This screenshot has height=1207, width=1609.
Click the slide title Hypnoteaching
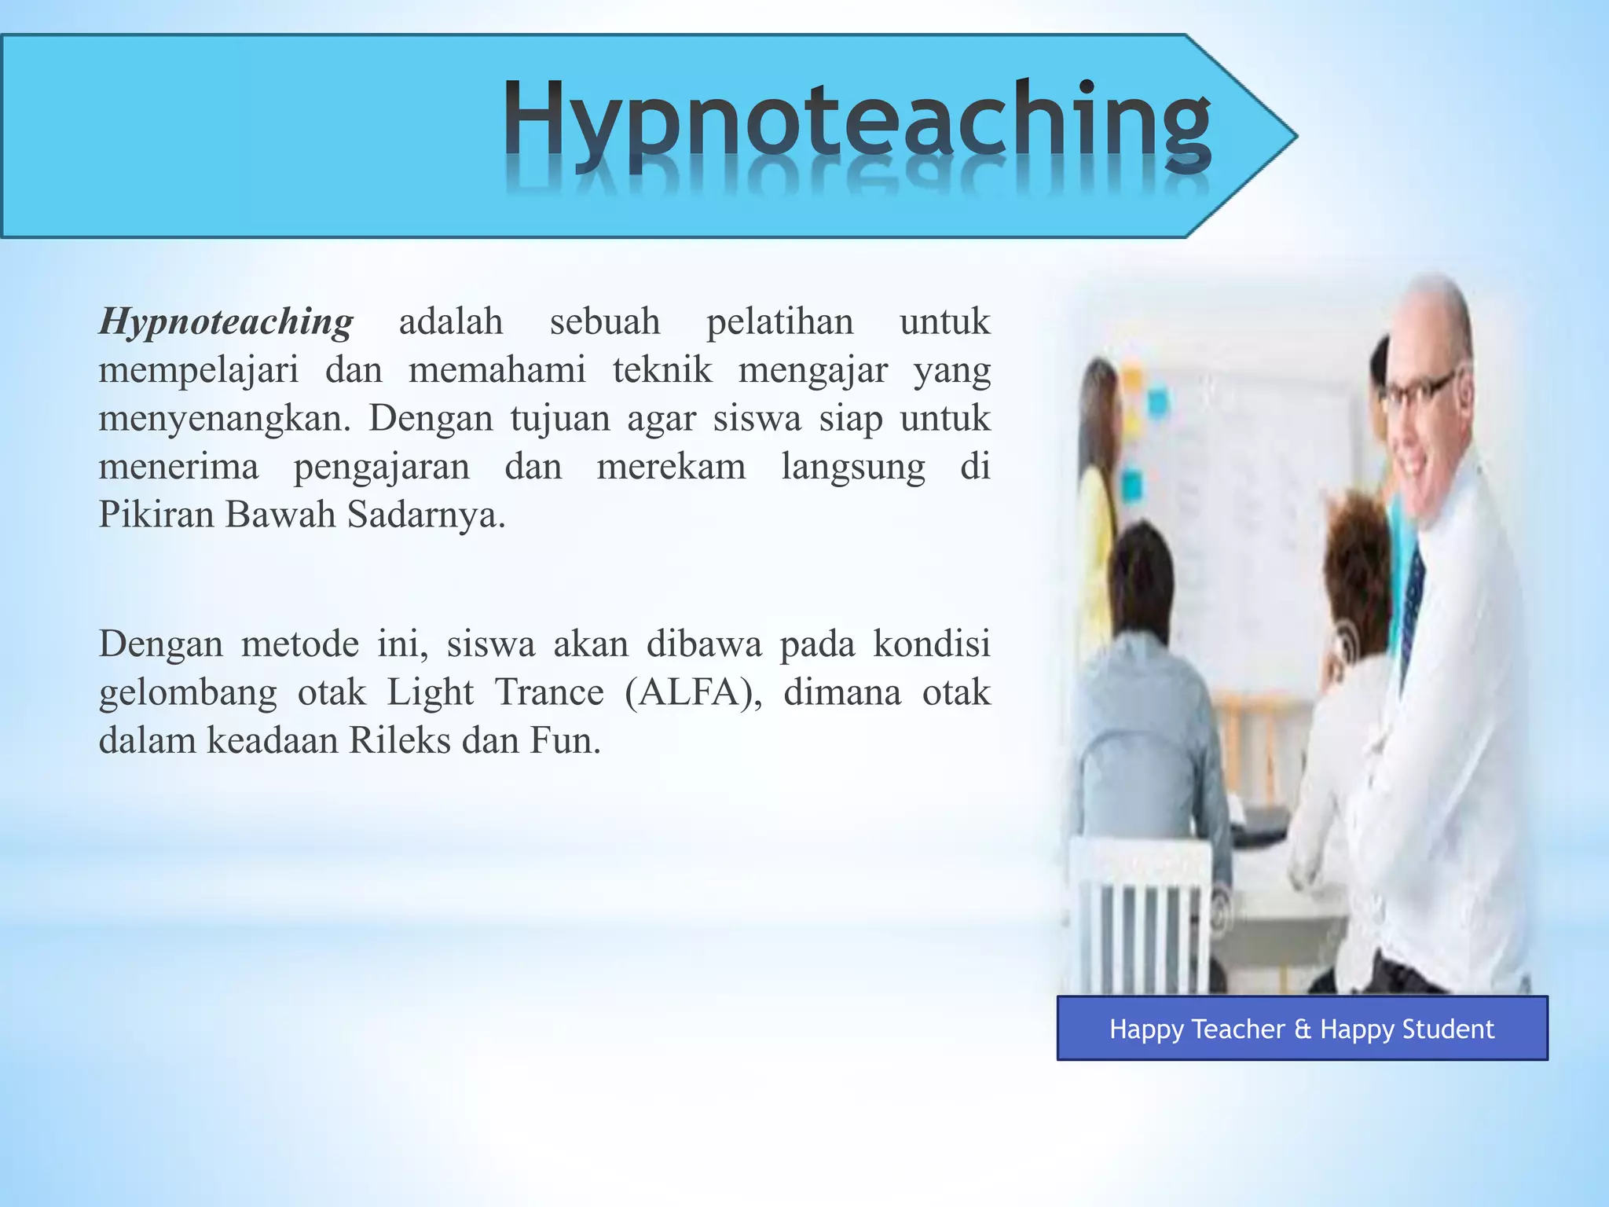tap(856, 126)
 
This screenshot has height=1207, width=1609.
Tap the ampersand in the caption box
tap(1303, 1029)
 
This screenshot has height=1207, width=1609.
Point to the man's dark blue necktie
tap(1412, 605)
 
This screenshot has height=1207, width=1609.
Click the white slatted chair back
tap(1139, 919)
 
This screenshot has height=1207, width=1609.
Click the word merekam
tap(671, 467)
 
